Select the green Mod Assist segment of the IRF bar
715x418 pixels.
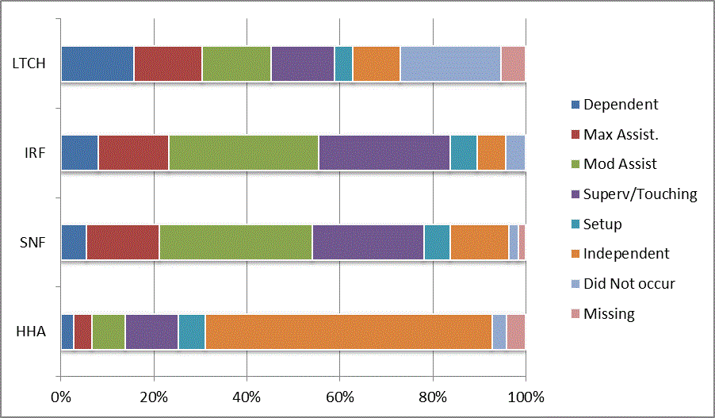(x=243, y=152)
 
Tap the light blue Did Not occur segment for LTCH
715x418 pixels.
(x=450, y=63)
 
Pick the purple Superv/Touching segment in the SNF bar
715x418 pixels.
(x=368, y=242)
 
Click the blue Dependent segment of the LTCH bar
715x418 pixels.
(x=97, y=63)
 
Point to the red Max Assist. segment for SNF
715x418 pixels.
(x=123, y=242)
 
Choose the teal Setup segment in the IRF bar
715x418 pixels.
(x=464, y=152)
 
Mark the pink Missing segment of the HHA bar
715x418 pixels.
(x=516, y=332)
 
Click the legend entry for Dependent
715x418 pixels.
(x=620, y=105)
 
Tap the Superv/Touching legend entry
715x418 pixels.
(x=640, y=194)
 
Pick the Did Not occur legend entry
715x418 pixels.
(x=629, y=284)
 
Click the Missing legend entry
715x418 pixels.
(x=609, y=314)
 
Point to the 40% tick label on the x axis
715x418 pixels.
(x=247, y=396)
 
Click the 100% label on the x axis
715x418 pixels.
(x=526, y=396)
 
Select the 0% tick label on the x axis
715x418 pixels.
(x=61, y=396)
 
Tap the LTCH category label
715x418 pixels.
(x=29, y=63)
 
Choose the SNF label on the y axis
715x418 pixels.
(x=32, y=242)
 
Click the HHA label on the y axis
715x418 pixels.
(x=31, y=332)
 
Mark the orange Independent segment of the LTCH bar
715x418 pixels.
(x=377, y=63)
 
